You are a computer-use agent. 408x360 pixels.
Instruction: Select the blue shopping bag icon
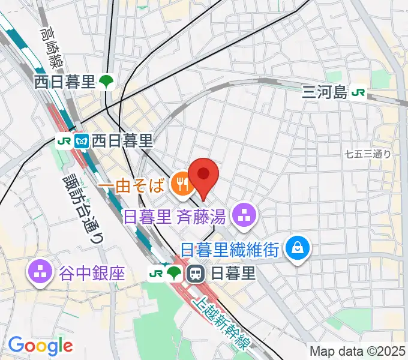(x=296, y=245)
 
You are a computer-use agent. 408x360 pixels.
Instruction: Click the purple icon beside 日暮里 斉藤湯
(x=244, y=214)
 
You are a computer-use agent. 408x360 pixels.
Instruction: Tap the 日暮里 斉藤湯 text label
(x=178, y=215)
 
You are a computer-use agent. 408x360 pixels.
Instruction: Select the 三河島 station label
(x=325, y=92)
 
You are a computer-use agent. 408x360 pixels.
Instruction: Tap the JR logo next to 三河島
(x=359, y=92)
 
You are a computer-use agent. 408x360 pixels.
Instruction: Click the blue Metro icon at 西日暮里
(x=82, y=142)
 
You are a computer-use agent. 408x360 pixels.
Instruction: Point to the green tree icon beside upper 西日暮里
(x=107, y=82)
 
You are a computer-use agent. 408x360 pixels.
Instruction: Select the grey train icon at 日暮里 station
(x=195, y=274)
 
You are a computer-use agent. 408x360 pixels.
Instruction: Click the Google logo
(x=40, y=345)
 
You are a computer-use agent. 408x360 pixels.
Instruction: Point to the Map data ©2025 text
(x=358, y=352)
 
